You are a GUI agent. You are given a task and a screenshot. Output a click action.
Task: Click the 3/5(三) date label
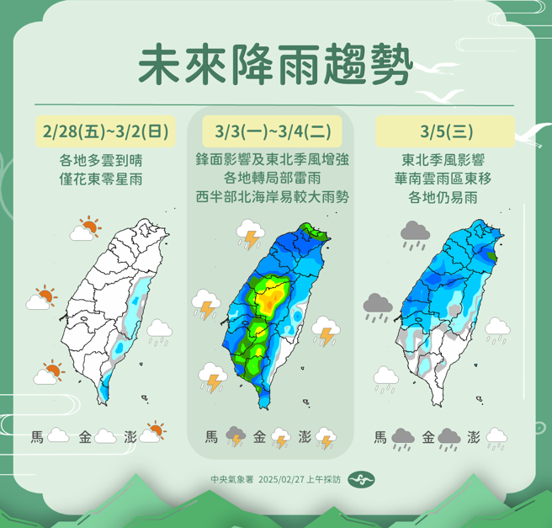coord(444,132)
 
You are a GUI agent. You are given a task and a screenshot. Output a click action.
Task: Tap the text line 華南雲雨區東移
coord(444,178)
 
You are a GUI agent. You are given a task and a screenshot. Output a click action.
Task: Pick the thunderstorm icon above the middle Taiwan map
coord(249,233)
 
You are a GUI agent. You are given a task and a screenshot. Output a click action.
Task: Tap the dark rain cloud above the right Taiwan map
coord(415,232)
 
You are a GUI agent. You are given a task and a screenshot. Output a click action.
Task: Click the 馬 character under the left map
coord(37,436)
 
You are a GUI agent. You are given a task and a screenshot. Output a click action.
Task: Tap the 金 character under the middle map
coord(259,436)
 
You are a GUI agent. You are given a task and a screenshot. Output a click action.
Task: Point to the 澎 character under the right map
coord(473,436)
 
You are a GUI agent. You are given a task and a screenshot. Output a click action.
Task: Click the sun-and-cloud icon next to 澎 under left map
coord(154,432)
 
